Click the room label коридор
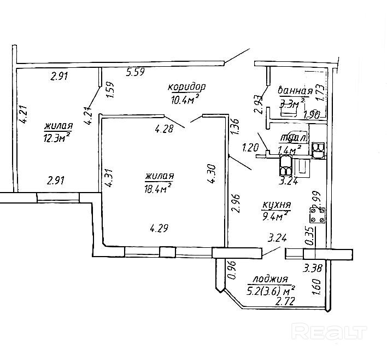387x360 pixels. click(x=186, y=87)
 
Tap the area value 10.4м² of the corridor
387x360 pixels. click(x=184, y=98)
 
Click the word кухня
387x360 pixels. click(x=276, y=205)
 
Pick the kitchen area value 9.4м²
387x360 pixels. click(x=275, y=217)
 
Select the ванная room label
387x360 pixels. click(x=296, y=91)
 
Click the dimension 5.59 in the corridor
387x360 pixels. click(x=136, y=71)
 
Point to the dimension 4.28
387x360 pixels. click(x=164, y=129)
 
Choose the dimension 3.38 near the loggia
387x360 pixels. click(x=313, y=269)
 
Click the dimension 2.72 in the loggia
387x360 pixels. click(x=285, y=301)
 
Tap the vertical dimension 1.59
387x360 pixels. click(x=109, y=90)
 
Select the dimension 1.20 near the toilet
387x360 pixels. click(x=250, y=147)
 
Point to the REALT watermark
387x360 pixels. click(x=329, y=331)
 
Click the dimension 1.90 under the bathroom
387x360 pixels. click(x=310, y=115)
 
